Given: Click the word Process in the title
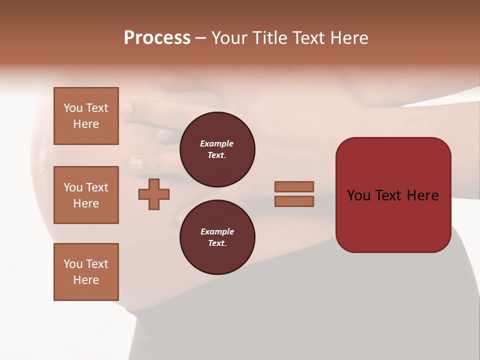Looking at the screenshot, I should tap(157, 38).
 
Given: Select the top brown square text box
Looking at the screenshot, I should tap(86, 116).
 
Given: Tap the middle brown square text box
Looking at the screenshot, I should tap(86, 195).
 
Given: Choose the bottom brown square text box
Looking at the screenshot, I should tap(86, 272).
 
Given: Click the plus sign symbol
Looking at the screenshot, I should tap(154, 194).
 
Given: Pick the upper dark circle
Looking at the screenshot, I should tap(217, 149).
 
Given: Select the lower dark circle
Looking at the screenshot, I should tap(217, 237).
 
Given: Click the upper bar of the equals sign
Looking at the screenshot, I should tap(294, 186).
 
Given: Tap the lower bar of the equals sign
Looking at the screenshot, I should tap(294, 201).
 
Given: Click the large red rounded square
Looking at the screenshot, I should tap(393, 195).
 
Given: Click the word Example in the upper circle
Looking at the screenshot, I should tap(217, 143).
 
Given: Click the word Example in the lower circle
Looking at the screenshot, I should tap(217, 231).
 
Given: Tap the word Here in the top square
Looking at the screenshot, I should tap(86, 124).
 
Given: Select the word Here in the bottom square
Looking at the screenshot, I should tap(86, 280).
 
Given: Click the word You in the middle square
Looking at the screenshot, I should tap(73, 187).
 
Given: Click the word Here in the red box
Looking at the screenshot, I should tap(423, 195).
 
